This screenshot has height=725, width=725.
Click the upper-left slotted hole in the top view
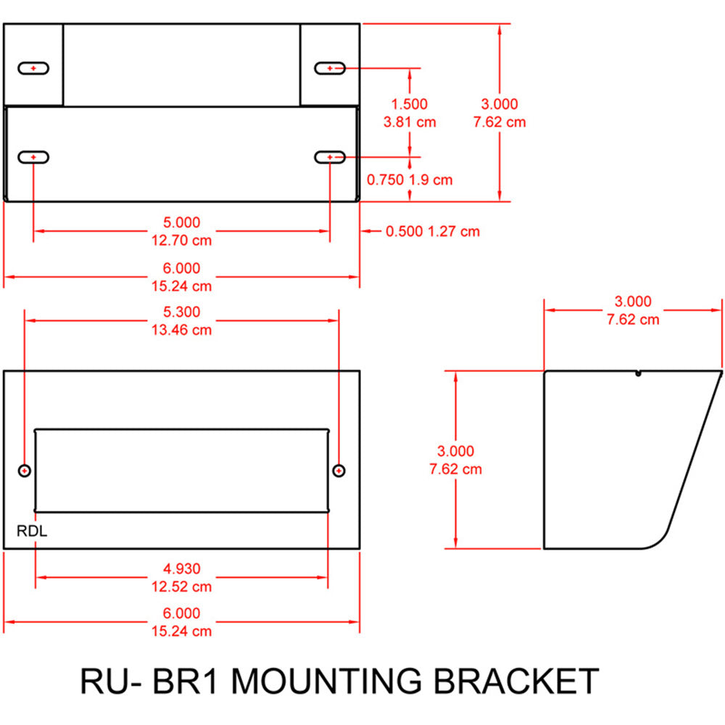coord(33,68)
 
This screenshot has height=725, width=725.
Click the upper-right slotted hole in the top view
coord(330,68)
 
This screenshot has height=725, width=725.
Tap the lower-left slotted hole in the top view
coord(33,157)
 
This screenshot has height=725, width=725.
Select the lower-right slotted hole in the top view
coord(330,157)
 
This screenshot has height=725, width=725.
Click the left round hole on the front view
coord(25,471)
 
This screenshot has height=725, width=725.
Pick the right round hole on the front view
coord(339,471)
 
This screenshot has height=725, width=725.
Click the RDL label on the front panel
coord(32,531)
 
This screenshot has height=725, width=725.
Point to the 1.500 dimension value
coord(409,104)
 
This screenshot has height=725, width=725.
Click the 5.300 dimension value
coord(181,312)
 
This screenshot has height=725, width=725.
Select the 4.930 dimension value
coord(181,568)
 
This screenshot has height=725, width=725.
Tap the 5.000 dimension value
coord(181,222)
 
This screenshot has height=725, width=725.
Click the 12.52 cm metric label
coord(181,587)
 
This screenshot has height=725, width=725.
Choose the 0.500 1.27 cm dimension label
coord(432,231)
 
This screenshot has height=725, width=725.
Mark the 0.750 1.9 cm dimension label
coord(410,179)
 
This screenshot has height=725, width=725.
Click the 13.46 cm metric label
coord(181,330)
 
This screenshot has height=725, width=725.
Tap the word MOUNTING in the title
coord(329,682)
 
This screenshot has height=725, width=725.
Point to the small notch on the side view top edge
coord(637,374)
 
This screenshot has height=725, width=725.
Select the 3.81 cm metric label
coord(409,122)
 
